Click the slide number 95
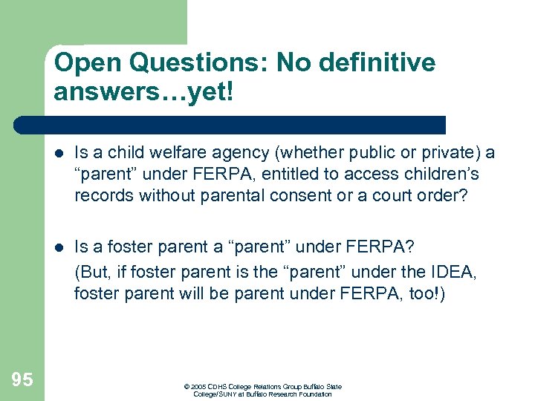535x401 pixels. [x=22, y=380]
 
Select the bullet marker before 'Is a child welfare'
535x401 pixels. [x=59, y=153]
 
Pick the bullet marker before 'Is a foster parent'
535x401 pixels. [x=59, y=246]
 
